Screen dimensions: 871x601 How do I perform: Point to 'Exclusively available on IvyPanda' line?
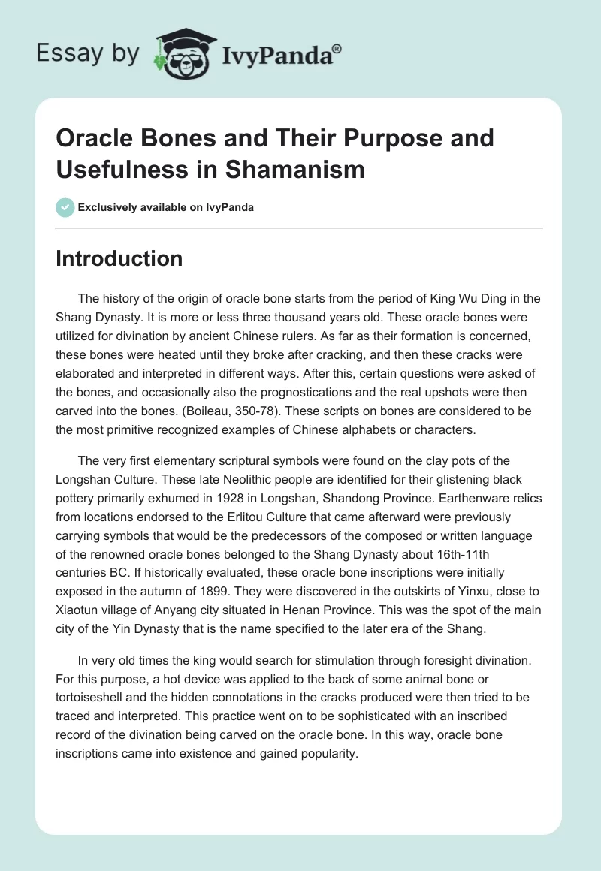(165, 207)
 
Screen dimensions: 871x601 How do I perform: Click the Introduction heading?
(119, 259)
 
